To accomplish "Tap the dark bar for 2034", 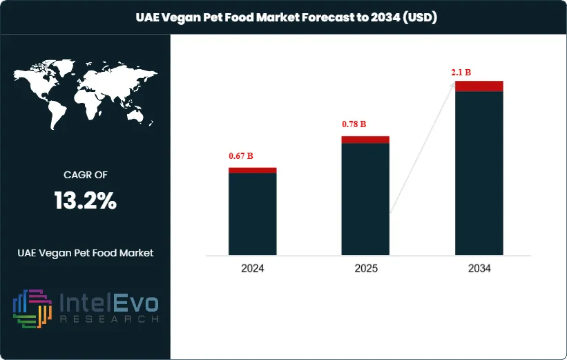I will [479, 173].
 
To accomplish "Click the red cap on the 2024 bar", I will [252, 170].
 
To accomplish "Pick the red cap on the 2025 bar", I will [365, 140].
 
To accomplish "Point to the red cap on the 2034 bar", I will [479, 86].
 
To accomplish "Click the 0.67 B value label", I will [241, 156].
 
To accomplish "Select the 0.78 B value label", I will [354, 124].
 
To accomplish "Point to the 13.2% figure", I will [85, 201].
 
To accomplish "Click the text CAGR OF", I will [85, 175].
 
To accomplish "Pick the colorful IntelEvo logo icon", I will [32, 307].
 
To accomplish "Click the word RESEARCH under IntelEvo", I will [109, 319].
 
